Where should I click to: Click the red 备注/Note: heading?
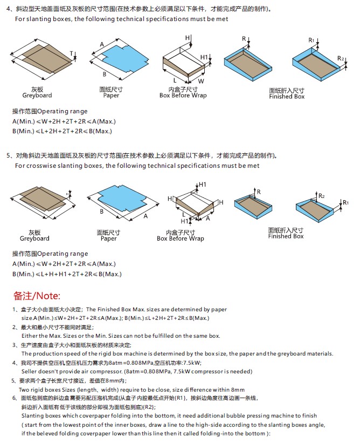pos(37,296)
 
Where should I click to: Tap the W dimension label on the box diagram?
pos(200,81)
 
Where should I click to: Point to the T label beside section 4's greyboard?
pos(71,53)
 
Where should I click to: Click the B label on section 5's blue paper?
pos(102,211)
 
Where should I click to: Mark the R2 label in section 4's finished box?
pos(340,58)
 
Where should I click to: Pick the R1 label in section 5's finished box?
pos(347,202)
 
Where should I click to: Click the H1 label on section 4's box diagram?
pos(204,57)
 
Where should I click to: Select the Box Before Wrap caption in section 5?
pos(181,238)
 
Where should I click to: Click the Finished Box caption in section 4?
pos(287,97)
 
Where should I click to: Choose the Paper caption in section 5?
pos(109,238)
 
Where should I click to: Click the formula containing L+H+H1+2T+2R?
pos(67,274)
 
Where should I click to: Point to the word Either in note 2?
pos(30,336)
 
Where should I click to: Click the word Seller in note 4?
pos(30,371)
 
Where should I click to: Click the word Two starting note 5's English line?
pos(24,389)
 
